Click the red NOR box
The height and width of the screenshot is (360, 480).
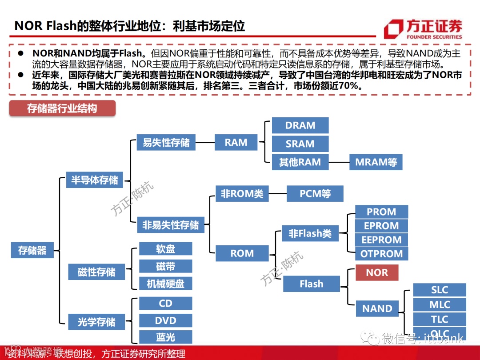pos(376,272)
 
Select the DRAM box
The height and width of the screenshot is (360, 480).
pos(300,126)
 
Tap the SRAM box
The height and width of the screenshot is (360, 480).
pos(300,144)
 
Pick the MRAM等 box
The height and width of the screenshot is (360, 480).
pos(376,162)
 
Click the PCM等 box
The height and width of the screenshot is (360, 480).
pos(315,194)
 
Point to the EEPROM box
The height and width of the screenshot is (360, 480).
pos(381,240)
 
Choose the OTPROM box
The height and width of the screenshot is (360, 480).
pos(381,254)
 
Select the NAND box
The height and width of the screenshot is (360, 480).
pos(377,308)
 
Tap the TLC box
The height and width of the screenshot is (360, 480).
pos(440,319)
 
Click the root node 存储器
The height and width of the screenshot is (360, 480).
pos(32,250)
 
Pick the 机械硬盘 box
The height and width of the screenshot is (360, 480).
pos(165,284)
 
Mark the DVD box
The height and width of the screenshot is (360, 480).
pos(165,320)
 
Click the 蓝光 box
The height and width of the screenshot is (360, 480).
pos(165,337)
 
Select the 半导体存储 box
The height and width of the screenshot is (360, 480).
pos(95,180)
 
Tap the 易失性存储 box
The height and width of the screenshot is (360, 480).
pos(166,143)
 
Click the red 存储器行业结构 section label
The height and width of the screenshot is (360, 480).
pos(62,108)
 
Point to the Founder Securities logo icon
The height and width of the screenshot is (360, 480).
pos(393,29)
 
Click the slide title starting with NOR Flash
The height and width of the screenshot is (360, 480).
pos(129,25)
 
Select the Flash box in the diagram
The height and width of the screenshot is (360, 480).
pos(311,284)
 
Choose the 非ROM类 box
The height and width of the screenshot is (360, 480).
pos(242,194)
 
